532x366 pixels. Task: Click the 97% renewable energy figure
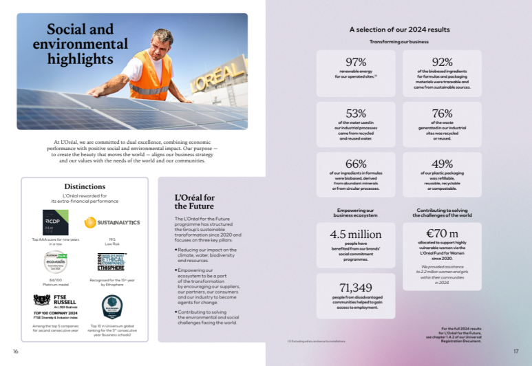356,62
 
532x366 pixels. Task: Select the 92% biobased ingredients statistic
442,62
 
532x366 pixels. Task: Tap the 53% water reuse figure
356,113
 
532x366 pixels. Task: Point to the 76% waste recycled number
442,113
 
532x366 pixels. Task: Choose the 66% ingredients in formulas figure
356,164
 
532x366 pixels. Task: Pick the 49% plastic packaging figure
442,164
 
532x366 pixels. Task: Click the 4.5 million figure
356,234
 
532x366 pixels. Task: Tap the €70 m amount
442,234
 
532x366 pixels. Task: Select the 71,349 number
356,287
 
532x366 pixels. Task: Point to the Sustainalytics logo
112,222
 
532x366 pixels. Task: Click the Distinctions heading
85,186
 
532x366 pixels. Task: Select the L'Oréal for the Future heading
195,202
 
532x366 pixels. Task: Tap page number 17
516,352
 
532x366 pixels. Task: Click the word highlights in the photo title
81,60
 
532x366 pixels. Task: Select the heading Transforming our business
399,42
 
